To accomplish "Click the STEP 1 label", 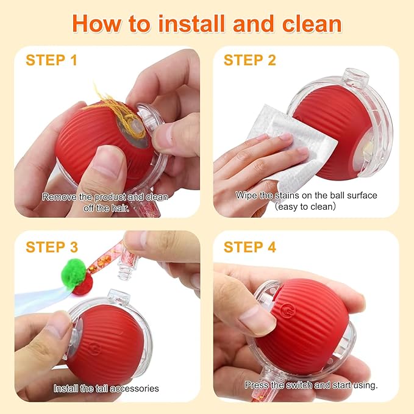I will pos(51,60).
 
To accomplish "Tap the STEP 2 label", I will pos(249,60).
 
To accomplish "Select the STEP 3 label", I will pos(51,247).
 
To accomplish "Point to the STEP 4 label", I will pos(249,247).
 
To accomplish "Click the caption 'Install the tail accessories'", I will pos(106,388).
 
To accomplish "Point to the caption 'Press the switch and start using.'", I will pos(311,385).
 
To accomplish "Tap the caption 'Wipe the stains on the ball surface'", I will pos(306,196).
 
